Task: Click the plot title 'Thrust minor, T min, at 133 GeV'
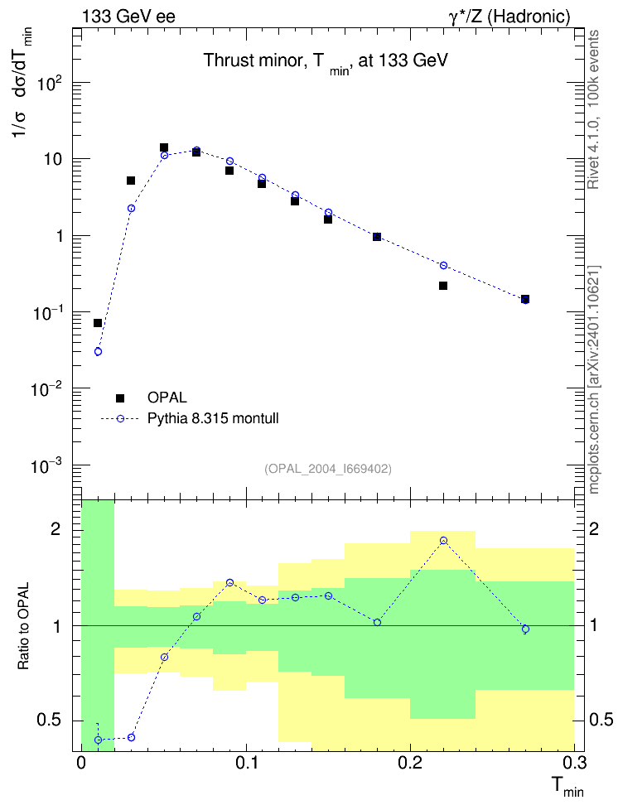point(326,61)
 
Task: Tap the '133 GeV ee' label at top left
point(128,17)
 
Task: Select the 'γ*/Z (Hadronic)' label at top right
point(509,17)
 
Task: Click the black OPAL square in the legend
point(120,398)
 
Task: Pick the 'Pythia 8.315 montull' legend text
point(213,418)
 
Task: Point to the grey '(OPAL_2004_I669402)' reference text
point(328,469)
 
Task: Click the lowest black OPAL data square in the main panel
point(98,323)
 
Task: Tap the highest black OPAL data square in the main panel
point(164,148)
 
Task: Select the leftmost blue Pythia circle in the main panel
point(98,352)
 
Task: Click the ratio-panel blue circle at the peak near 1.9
point(443,541)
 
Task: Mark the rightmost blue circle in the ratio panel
point(525,629)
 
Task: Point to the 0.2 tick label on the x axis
point(410,763)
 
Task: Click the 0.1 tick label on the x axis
point(246,763)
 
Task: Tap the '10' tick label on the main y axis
point(53,159)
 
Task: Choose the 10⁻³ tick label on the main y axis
point(47,466)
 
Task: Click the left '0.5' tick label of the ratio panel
point(49,721)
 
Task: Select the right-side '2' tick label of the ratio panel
point(594,530)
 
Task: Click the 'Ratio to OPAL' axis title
point(23,626)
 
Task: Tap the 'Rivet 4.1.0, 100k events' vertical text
point(593,109)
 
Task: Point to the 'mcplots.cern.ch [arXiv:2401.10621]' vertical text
point(594,379)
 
